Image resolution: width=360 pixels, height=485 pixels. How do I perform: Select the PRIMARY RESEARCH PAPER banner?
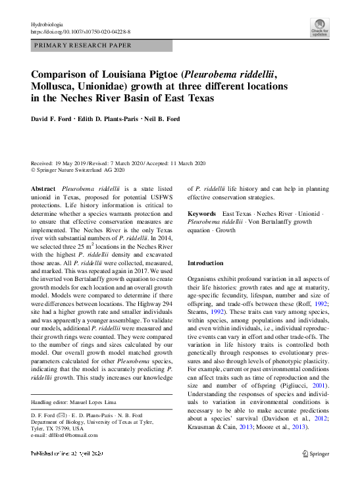(x=102, y=45)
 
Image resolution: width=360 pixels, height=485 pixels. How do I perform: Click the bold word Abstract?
(x=43, y=188)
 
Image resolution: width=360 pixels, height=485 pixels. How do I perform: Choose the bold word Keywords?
(x=202, y=214)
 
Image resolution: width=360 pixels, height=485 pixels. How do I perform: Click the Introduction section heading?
(x=205, y=263)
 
